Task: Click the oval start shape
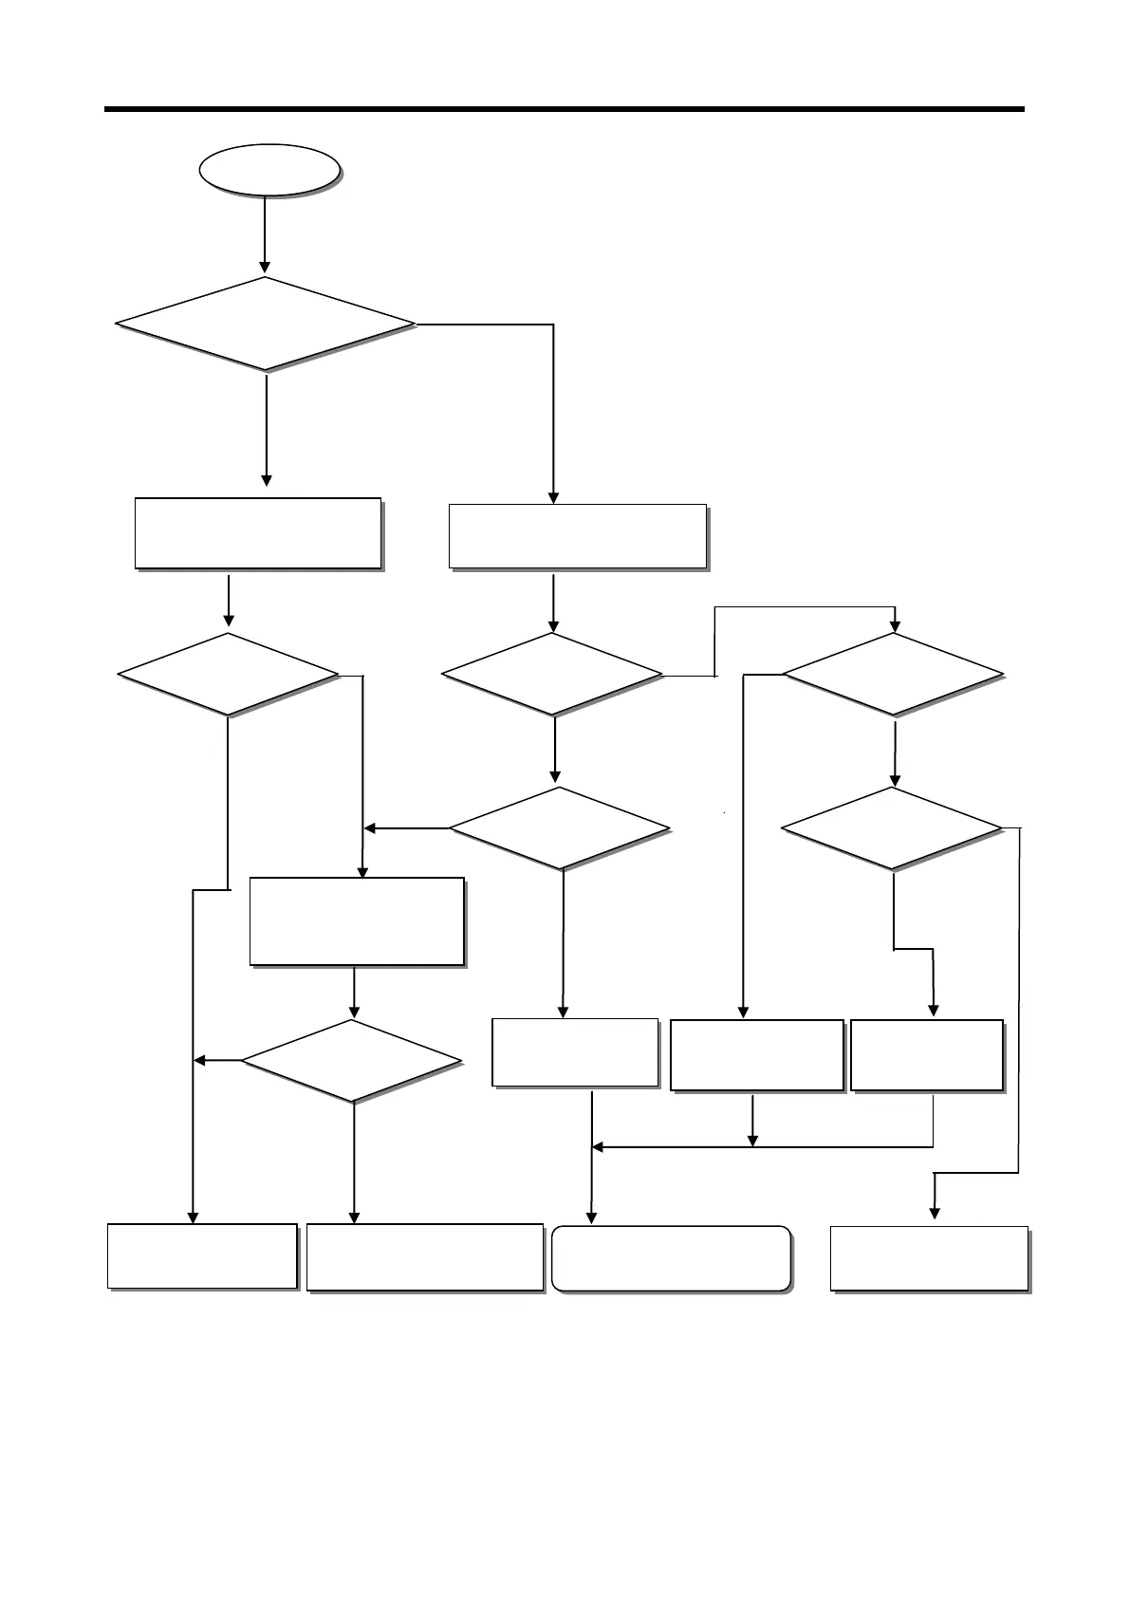[269, 171]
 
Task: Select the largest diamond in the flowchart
[266, 324]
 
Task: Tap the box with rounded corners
[671, 1259]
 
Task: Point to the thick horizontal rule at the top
[565, 109]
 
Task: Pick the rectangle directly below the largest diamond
[258, 532]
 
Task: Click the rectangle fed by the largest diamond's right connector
[577, 536]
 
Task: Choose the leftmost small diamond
[228, 674]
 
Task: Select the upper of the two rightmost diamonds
[893, 674]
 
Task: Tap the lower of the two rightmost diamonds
[892, 828]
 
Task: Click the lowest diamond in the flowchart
[352, 1061]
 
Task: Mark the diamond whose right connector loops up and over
[552, 675]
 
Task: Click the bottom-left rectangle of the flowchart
[202, 1256]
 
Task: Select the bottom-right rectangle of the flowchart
[930, 1259]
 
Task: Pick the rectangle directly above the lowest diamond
[357, 921]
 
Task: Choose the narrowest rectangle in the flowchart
[927, 1055]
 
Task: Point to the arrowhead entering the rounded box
[593, 1217]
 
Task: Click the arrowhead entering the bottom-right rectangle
[935, 1212]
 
